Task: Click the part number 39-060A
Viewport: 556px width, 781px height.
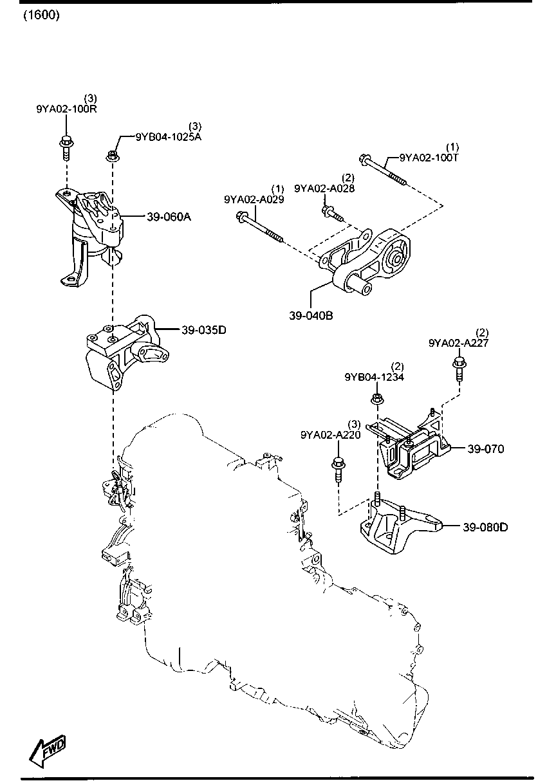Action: point(169,217)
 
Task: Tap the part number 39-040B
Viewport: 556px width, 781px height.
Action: point(311,316)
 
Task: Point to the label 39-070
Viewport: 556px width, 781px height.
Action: point(486,448)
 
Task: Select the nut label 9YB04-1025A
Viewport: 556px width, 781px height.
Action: point(168,137)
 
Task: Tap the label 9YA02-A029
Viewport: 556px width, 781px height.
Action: point(254,199)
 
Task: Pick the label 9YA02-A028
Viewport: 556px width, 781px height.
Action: point(324,188)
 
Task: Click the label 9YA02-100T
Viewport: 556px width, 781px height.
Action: point(429,157)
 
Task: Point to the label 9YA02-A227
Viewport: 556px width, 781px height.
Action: point(458,343)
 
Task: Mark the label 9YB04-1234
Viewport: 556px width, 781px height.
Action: point(374,377)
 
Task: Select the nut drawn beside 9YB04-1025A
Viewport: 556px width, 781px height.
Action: point(112,154)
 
